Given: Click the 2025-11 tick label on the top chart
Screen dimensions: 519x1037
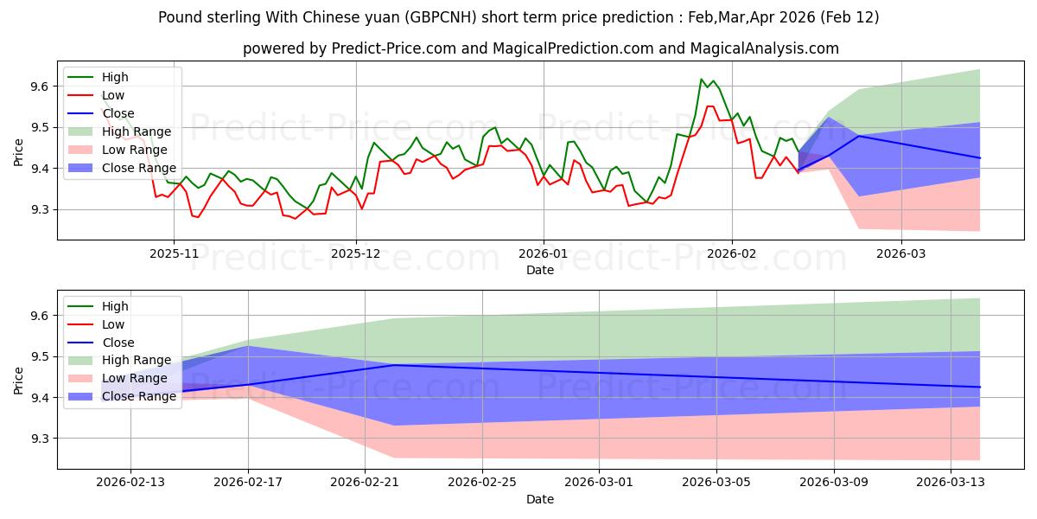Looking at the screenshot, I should coord(174,253).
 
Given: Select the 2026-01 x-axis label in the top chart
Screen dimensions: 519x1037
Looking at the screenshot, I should coord(543,253).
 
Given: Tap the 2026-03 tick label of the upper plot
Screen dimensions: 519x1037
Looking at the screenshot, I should coord(901,253).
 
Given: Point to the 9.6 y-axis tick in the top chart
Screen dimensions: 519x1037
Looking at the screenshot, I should coord(40,86).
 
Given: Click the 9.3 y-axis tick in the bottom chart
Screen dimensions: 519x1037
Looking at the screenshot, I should coord(40,439).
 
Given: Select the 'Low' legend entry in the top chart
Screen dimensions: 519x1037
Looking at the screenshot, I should coord(113,95).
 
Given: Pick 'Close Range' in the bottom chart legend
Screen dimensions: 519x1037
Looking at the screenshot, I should coord(139,397).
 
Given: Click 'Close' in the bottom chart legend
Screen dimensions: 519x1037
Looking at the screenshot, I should coord(118,343).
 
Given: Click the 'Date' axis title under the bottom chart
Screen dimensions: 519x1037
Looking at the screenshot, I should coord(540,499).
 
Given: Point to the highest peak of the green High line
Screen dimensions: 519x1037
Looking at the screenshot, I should coord(701,80).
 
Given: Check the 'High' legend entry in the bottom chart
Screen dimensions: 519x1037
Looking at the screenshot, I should coord(116,306).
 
